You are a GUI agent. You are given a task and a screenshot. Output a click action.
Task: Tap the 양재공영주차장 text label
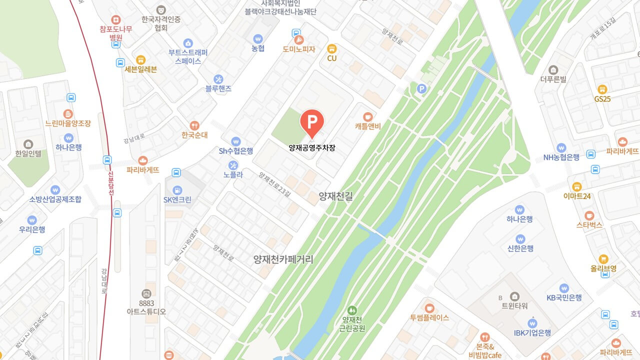click(312, 148)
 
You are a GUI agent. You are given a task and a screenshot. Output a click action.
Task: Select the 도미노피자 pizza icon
click(298, 39)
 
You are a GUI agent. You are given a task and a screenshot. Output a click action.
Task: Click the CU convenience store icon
click(331, 48)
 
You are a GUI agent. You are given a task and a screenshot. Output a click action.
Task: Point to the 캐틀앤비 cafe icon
click(368, 116)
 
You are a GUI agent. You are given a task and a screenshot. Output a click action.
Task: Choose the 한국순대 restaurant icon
click(194, 125)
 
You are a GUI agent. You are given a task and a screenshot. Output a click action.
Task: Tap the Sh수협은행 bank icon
click(236, 141)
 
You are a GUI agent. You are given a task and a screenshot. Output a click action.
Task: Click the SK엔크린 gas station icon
click(177, 190)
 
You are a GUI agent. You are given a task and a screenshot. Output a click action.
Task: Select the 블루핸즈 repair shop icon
click(218, 79)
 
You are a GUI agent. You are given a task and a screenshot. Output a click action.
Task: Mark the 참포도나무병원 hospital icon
click(116, 19)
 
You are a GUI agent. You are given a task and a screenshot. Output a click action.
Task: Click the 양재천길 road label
click(336, 196)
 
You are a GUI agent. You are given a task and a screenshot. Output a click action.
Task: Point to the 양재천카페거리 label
click(283, 259)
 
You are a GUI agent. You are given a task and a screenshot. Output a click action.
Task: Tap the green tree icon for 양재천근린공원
click(352, 310)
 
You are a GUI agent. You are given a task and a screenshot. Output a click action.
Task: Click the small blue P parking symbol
click(421, 89)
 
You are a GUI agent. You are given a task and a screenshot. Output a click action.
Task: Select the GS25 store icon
click(602, 89)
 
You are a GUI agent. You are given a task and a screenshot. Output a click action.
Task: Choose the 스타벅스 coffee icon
click(589, 215)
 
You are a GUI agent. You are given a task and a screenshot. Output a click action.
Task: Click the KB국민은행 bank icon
click(564, 288)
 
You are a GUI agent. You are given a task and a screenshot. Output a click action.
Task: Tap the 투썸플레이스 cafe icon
click(429, 308)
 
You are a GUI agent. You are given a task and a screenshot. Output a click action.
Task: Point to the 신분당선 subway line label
click(111, 181)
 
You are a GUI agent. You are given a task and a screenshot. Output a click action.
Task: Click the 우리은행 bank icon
click(32, 220)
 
